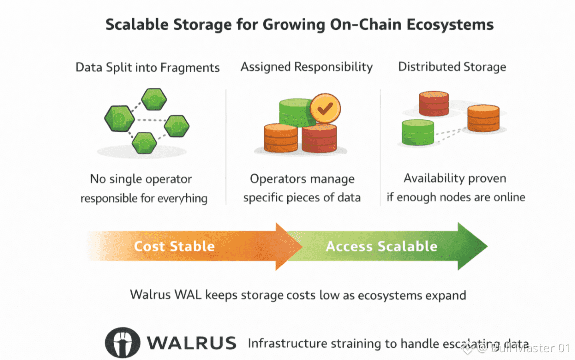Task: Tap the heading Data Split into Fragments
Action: point(148,67)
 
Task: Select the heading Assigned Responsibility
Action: point(306,67)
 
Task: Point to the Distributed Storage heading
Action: point(452,67)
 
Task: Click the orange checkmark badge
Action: point(325,108)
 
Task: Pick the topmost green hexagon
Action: point(154,99)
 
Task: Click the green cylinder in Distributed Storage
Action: point(418,132)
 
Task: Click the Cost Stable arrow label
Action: point(174,246)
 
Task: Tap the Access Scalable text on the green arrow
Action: point(381,246)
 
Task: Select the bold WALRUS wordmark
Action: point(192,343)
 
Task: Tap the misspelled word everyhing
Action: point(182,198)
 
